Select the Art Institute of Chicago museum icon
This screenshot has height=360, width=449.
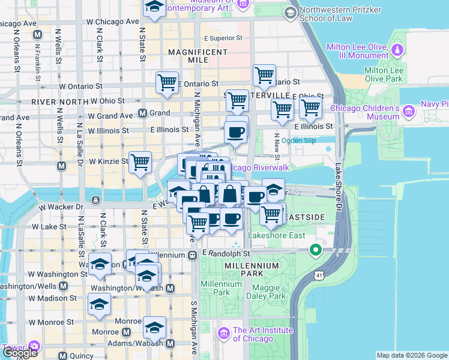[223, 333]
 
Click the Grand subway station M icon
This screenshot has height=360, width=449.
[143, 113]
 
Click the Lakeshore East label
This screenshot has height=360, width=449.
[269, 236]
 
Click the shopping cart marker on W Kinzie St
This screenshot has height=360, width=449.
[140, 162]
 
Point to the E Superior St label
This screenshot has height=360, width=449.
[223, 38]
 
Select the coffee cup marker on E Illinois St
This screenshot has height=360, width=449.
[236, 131]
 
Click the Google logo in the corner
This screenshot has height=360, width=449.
[20, 353]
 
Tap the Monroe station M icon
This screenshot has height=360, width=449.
[127, 332]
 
